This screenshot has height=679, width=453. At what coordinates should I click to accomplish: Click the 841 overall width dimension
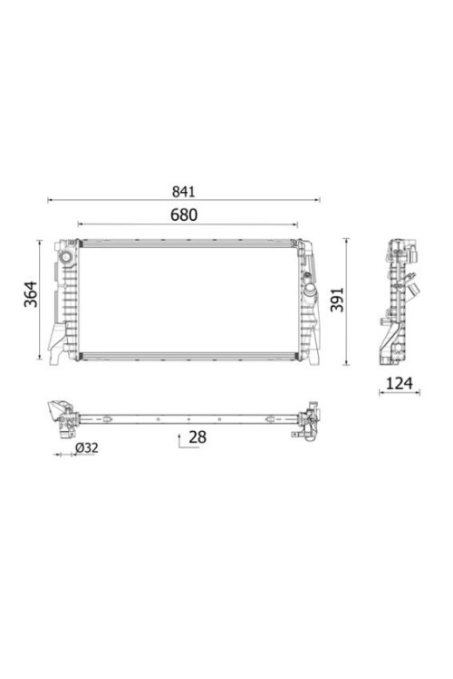point(184,192)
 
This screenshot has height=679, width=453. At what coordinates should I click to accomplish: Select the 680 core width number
point(184,215)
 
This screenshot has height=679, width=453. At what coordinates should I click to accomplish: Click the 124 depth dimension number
point(399,384)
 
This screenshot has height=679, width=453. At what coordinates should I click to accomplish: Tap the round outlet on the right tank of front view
point(310,292)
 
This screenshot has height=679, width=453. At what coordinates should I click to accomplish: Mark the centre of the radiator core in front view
point(188,300)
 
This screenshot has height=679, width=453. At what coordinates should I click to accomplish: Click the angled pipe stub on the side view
point(415,291)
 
